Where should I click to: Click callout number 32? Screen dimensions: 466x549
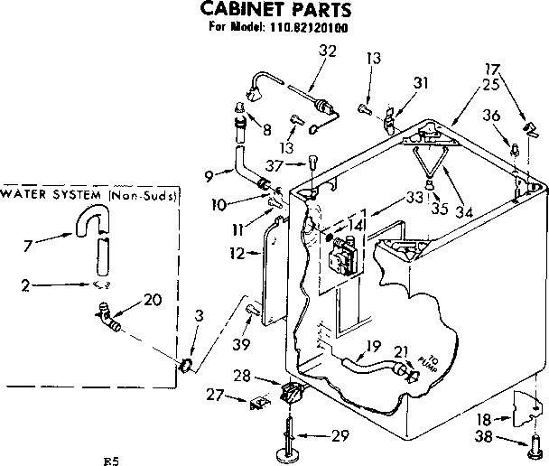(328, 51)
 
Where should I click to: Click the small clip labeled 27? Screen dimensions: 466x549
(258, 402)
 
